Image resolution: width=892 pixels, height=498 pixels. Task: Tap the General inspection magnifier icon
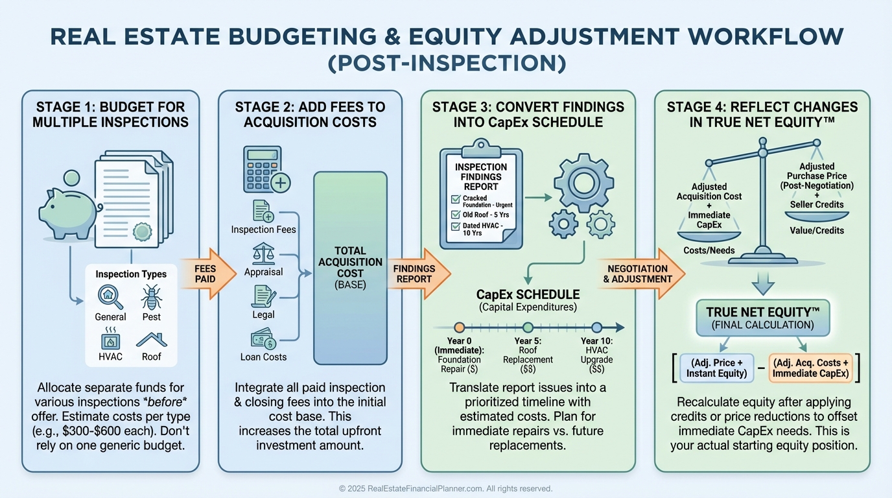(x=110, y=296)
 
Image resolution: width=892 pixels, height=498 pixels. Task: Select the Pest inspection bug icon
(x=151, y=296)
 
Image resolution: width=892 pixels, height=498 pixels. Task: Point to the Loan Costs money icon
(x=263, y=339)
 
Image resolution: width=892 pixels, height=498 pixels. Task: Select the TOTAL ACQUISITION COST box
(x=350, y=268)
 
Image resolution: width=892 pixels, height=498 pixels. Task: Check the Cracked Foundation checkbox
(x=456, y=198)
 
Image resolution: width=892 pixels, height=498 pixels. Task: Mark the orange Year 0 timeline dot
(x=459, y=327)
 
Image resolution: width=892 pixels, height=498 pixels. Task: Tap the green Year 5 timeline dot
(x=528, y=327)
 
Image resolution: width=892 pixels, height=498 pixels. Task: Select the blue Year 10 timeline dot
(x=597, y=327)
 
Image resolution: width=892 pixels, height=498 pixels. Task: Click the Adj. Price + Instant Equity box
(x=716, y=368)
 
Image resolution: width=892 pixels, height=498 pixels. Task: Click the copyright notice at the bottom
(x=445, y=488)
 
